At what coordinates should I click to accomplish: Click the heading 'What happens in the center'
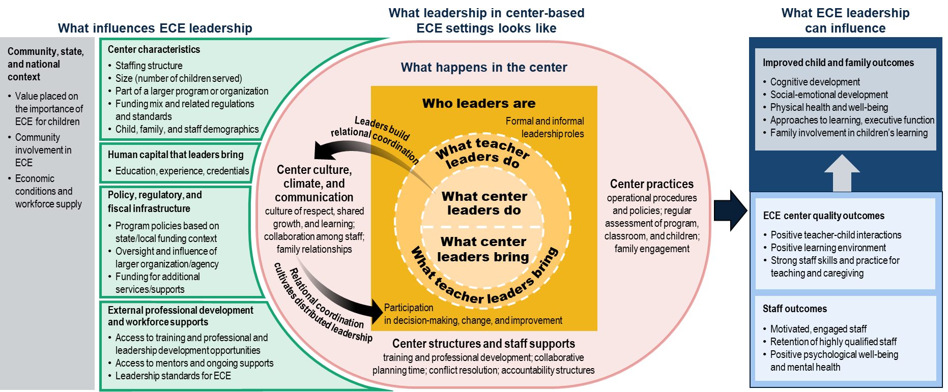(x=483, y=67)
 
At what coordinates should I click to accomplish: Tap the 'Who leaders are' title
(x=479, y=103)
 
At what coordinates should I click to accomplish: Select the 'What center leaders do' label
(x=484, y=203)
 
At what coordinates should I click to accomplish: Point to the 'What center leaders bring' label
(x=483, y=249)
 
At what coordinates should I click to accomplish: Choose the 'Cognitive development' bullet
(x=815, y=82)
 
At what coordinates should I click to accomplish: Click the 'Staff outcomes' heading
(x=794, y=309)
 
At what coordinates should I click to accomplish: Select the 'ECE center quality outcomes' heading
(x=823, y=216)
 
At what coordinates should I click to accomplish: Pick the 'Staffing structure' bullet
(x=149, y=66)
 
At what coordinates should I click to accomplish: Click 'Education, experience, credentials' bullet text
(x=182, y=171)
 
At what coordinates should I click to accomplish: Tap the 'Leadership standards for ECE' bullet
(x=173, y=376)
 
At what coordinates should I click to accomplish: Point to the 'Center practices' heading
(x=651, y=184)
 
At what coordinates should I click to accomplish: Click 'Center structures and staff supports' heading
(x=483, y=344)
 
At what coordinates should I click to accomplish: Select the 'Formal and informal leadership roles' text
(x=544, y=127)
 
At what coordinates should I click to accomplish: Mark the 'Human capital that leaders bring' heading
(x=176, y=155)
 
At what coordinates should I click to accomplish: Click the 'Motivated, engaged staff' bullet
(x=818, y=329)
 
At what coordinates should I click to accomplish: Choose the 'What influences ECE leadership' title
(x=155, y=28)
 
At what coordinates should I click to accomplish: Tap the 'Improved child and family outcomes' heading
(x=838, y=63)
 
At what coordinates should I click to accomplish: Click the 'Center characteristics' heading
(x=154, y=49)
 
